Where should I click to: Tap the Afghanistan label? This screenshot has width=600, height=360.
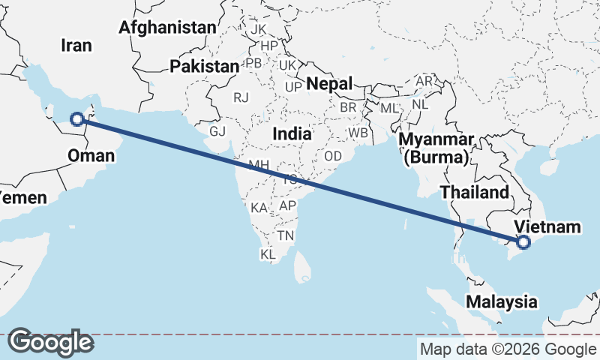click(x=167, y=28)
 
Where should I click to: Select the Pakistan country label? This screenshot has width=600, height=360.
click(x=204, y=66)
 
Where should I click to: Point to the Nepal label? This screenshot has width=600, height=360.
click(x=329, y=83)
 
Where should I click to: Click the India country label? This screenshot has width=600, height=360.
click(x=292, y=133)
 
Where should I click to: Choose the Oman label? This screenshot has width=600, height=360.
click(x=91, y=156)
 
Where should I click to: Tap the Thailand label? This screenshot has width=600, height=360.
click(x=474, y=192)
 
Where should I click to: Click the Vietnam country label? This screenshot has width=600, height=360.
click(x=547, y=226)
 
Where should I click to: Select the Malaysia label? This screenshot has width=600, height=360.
click(x=502, y=302)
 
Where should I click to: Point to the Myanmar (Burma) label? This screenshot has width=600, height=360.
click(x=436, y=148)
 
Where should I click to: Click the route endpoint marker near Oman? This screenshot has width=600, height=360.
click(x=76, y=118)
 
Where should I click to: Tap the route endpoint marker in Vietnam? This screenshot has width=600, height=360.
click(x=523, y=241)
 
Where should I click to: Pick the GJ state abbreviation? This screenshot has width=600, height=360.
click(x=217, y=131)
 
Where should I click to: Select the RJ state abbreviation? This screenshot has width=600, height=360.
click(x=241, y=97)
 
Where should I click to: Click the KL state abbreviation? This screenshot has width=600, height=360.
click(x=268, y=255)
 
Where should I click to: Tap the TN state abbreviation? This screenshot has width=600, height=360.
click(x=285, y=235)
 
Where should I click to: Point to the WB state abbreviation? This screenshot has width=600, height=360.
click(x=358, y=133)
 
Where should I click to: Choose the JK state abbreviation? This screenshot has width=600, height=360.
click(x=259, y=29)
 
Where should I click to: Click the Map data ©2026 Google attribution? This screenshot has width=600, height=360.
click(x=508, y=349)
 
